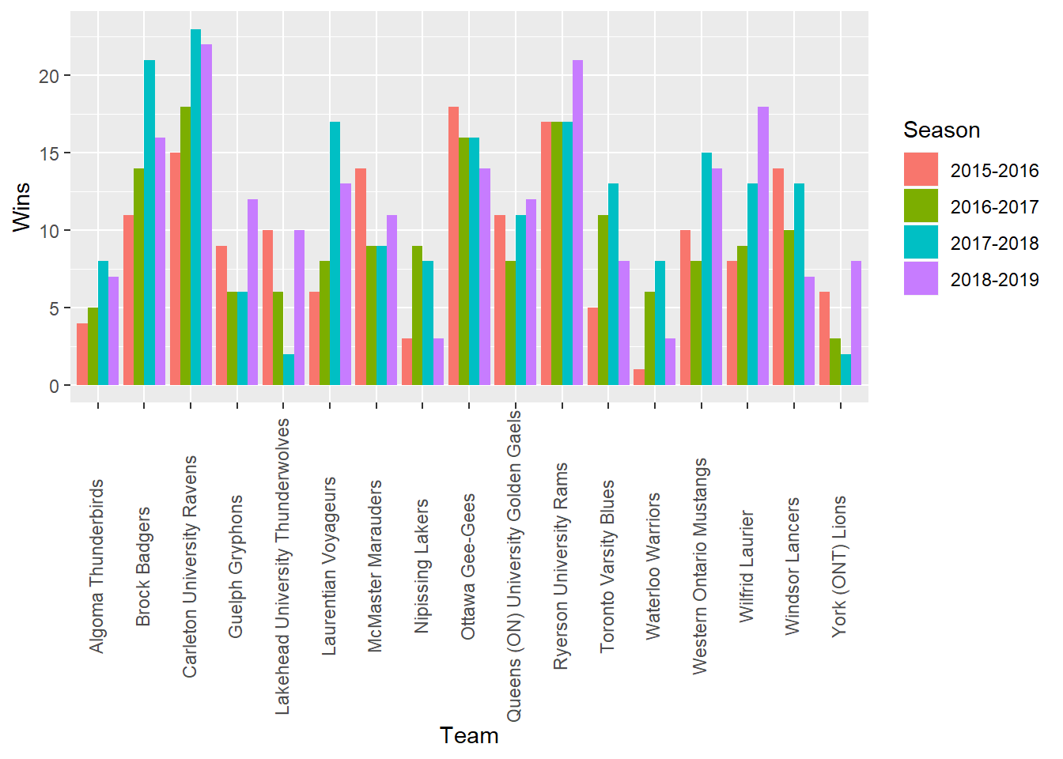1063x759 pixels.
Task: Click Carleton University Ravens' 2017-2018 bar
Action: click(x=195, y=207)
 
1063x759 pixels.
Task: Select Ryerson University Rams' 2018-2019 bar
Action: click(x=577, y=223)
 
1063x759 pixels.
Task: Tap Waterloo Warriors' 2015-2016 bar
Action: click(x=639, y=377)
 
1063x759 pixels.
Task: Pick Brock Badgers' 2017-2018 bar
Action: click(x=149, y=223)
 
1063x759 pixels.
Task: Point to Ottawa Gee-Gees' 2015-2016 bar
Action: click(x=453, y=246)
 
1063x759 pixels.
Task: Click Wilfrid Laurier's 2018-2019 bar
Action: click(x=763, y=246)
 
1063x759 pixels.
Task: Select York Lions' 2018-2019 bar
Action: click(x=856, y=323)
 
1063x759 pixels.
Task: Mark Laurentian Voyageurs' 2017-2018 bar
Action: click(x=335, y=254)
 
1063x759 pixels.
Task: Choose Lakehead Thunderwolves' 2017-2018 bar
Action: click(x=289, y=370)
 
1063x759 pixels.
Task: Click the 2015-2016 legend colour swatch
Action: click(x=921, y=170)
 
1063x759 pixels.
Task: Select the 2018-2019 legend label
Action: click(x=994, y=279)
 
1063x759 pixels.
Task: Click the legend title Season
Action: click(x=941, y=130)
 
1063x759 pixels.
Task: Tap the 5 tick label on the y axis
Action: click(x=54, y=308)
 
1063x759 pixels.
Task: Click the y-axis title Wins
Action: click(x=21, y=207)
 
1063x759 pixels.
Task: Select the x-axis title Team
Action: click(x=469, y=735)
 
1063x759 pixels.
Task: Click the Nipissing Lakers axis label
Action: click(x=422, y=565)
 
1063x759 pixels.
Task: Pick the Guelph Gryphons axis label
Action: click(x=236, y=566)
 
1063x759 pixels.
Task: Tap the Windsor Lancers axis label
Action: click(x=793, y=565)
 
